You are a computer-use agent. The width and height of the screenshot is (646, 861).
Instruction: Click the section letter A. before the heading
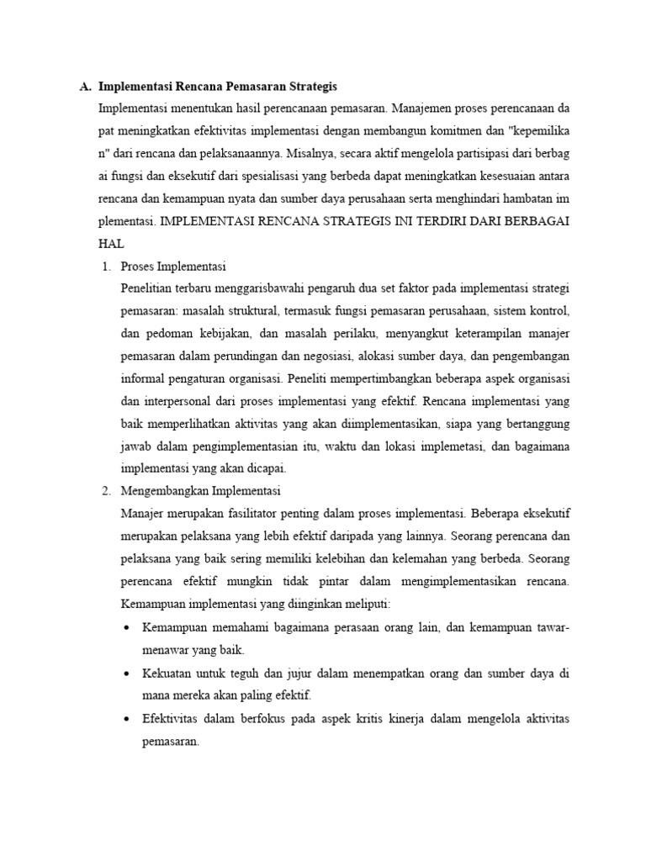[x=85, y=87]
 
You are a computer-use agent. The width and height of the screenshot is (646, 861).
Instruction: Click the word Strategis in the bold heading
[x=311, y=87]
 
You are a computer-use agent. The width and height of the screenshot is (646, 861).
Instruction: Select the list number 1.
[x=106, y=268]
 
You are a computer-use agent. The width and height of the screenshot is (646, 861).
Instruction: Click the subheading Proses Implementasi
[x=173, y=268]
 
